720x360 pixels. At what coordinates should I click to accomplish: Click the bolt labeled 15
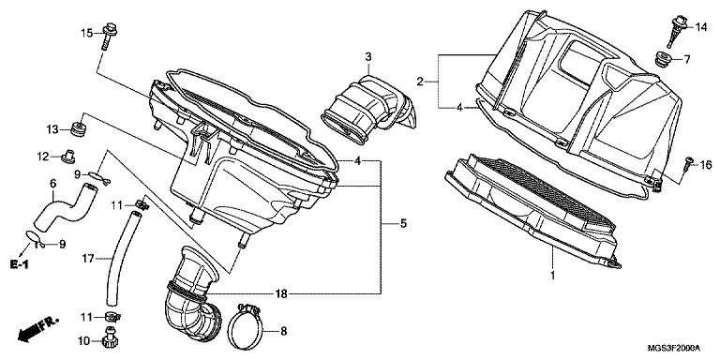[109, 37]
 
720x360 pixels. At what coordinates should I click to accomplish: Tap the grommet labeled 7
[662, 60]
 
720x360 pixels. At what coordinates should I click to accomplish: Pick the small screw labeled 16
[687, 164]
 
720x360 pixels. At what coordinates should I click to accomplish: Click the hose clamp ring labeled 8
[245, 326]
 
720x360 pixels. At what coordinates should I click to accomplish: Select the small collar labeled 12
[67, 157]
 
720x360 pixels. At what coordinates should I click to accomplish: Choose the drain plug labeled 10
[109, 338]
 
